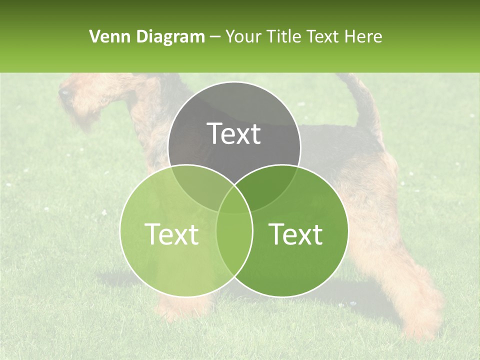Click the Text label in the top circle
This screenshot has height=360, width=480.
click(x=234, y=133)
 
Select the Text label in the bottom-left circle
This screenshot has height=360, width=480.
click(x=171, y=234)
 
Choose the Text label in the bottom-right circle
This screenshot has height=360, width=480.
click(x=296, y=234)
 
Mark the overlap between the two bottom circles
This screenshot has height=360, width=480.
click(x=234, y=240)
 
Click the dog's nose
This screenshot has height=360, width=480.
click(x=63, y=92)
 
